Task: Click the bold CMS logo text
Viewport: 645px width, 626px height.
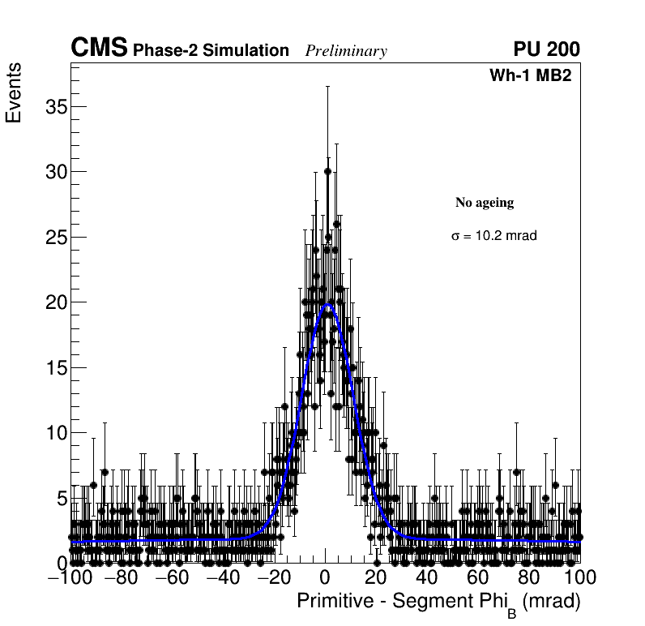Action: pos(99,49)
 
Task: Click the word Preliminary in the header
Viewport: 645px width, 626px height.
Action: pos(346,51)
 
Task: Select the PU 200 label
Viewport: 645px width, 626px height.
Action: pos(546,49)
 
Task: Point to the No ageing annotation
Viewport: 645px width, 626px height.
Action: pos(485,202)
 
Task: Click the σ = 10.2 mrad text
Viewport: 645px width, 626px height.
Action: pos(494,236)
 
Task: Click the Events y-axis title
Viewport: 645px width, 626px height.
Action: pos(14,92)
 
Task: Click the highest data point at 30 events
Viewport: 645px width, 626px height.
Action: pos(327,171)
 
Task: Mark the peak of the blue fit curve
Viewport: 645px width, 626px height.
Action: pos(327,305)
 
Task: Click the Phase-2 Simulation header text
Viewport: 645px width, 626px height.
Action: pos(211,51)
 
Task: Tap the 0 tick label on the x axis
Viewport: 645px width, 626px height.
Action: pos(325,577)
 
